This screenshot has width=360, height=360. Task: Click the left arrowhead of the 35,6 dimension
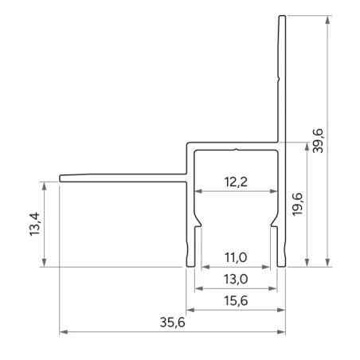coord(64,331)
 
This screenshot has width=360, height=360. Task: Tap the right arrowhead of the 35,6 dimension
coord(282,331)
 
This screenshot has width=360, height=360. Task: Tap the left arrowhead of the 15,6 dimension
coord(190,309)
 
